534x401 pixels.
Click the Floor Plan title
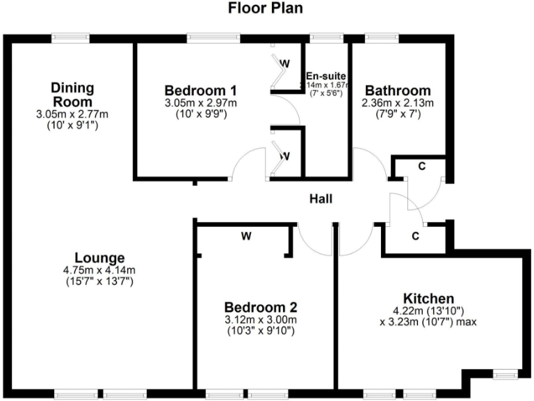click(266, 9)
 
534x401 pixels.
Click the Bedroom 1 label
click(201, 91)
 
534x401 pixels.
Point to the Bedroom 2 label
click(261, 307)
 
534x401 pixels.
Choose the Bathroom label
click(398, 91)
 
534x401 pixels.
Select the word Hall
click(321, 199)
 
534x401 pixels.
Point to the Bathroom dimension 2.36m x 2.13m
click(398, 104)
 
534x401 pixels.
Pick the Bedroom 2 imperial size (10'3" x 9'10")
click(261, 331)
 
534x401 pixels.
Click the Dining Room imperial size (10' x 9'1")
click(72, 125)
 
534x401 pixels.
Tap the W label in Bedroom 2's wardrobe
click(246, 237)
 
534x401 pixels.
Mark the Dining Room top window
click(72, 38)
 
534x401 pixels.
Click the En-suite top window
click(322, 38)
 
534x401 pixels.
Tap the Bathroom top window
click(379, 38)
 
